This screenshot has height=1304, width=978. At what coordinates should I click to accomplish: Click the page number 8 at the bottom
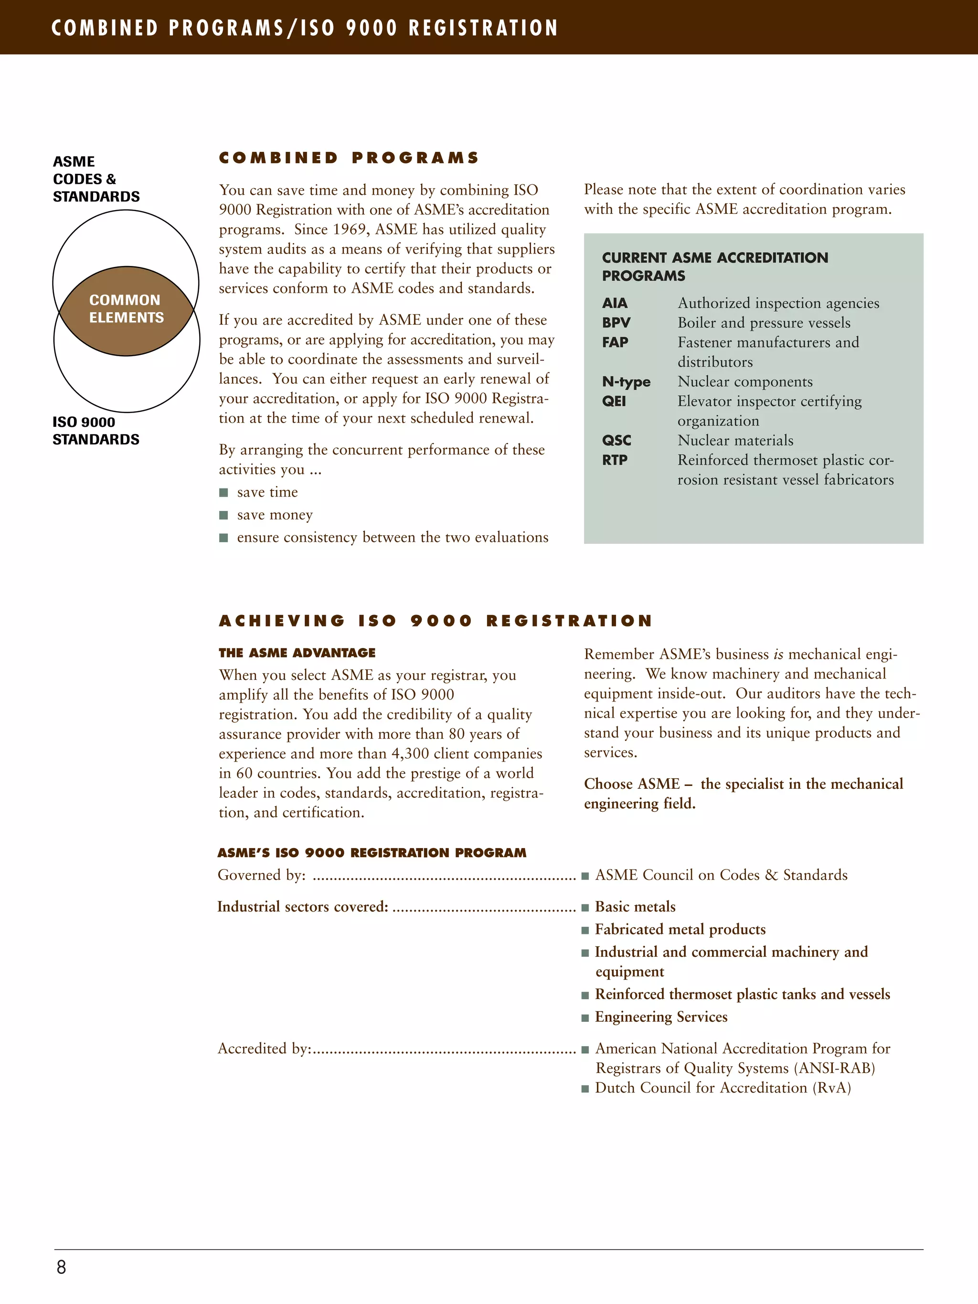(61, 1267)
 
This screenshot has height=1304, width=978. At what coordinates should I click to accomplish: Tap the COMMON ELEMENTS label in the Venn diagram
(126, 309)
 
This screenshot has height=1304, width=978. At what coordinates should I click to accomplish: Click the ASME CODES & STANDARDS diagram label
(96, 179)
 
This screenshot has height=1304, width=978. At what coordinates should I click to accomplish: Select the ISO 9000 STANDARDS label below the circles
(96, 430)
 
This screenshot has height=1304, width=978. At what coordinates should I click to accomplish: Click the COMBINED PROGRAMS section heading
(349, 158)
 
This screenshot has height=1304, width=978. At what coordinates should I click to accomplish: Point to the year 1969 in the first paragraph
(350, 229)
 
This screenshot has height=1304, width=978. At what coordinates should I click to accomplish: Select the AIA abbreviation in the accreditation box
(615, 303)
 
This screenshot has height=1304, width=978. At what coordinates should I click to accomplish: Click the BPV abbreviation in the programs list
(616, 322)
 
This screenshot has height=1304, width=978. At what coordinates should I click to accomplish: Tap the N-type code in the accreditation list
(626, 382)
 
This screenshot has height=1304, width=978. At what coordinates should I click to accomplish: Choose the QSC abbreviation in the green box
(617, 440)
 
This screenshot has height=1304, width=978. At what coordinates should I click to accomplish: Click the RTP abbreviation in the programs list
(615, 460)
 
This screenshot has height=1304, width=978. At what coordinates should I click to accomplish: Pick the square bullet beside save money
(223, 515)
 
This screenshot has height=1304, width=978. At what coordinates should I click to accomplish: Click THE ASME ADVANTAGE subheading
(297, 653)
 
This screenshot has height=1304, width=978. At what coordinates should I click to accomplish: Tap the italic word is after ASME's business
(778, 654)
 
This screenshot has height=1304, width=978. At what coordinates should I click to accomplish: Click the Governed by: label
(262, 875)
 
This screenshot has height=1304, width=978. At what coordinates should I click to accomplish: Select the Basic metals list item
(635, 907)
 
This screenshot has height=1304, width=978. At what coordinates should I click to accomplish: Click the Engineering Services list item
(661, 1017)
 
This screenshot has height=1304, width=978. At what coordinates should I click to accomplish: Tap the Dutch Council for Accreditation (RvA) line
(723, 1088)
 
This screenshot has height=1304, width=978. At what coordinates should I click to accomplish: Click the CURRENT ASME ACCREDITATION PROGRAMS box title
(714, 266)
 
